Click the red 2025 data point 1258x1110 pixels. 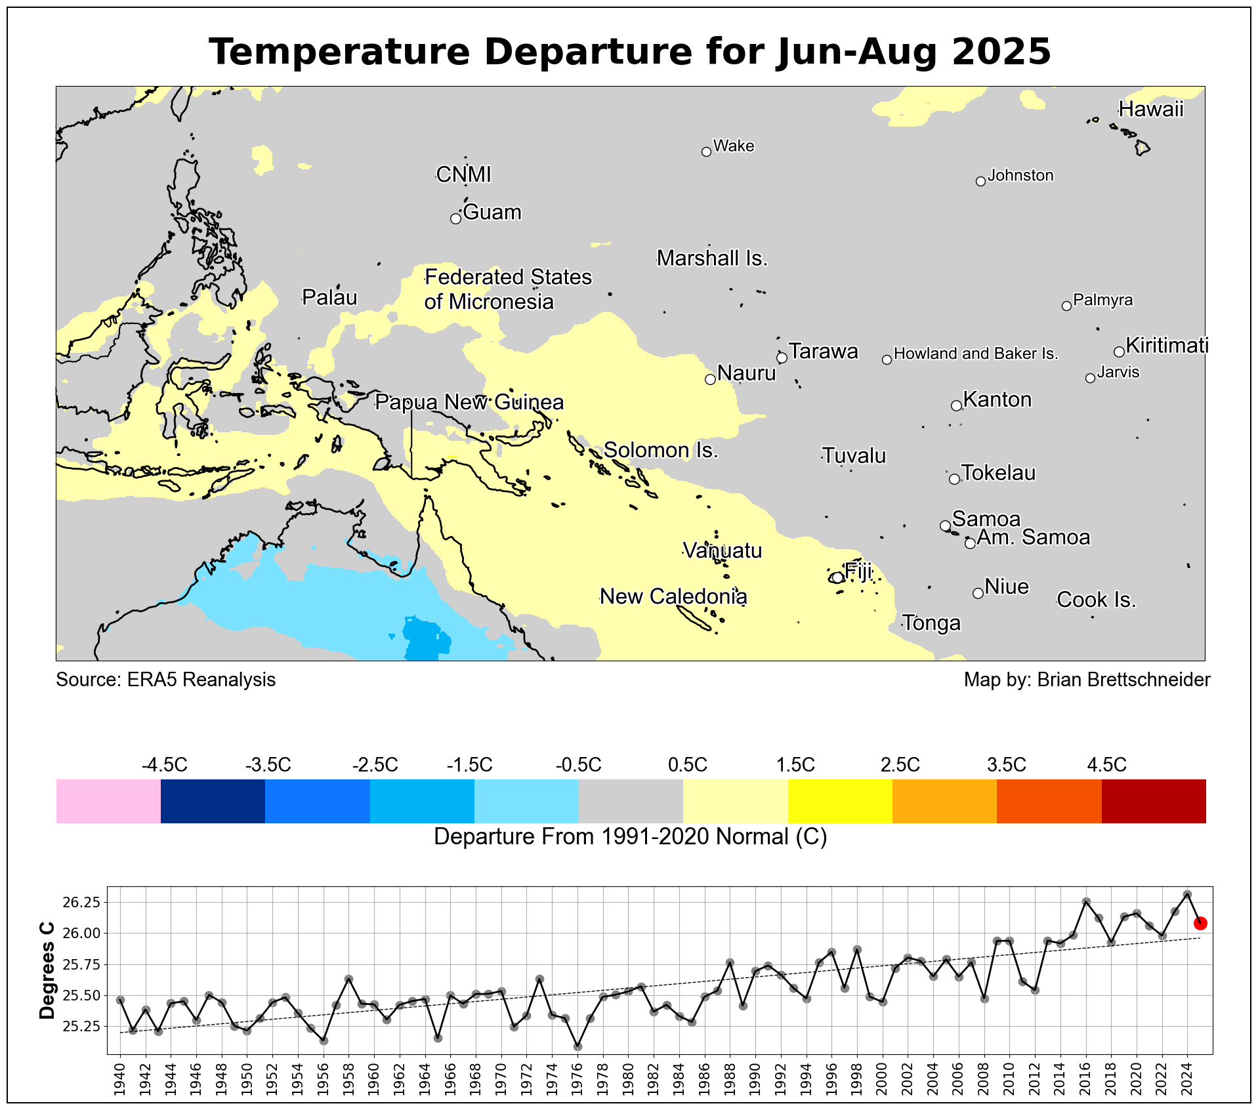pyautogui.click(x=1200, y=924)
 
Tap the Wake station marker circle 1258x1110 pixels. pyautogui.click(x=706, y=152)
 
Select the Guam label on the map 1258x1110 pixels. pyautogui.click(x=492, y=213)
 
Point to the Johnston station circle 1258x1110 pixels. pyautogui.click(x=980, y=182)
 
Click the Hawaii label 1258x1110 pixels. pyautogui.click(x=1151, y=109)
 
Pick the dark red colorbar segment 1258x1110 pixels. pyautogui.click(x=1154, y=801)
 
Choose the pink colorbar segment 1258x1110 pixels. pyautogui.click(x=108, y=801)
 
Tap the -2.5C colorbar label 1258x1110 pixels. pyautogui.click(x=375, y=765)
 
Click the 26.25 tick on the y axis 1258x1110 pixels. pyautogui.click(x=81, y=903)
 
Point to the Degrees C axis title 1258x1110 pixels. pyautogui.click(x=47, y=971)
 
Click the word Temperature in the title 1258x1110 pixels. pyautogui.click(x=339, y=52)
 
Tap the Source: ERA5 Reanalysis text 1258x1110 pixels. pyautogui.click(x=166, y=680)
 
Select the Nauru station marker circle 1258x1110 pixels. pyautogui.click(x=710, y=379)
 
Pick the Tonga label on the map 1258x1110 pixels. pyautogui.click(x=932, y=623)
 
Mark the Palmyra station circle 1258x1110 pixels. pyautogui.click(x=1066, y=306)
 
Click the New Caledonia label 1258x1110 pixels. pyautogui.click(x=674, y=596)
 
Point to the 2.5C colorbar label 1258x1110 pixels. pyautogui.click(x=900, y=765)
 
